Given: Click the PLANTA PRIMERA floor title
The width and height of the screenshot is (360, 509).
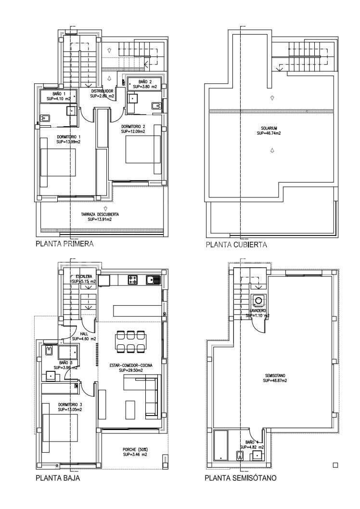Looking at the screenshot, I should pos(64,244).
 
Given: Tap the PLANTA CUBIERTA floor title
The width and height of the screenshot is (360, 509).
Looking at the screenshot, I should pos(236,245).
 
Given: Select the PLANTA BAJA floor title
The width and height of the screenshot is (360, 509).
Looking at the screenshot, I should pos(58,478).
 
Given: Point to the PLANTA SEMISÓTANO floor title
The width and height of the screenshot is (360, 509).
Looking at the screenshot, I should pos(241,478).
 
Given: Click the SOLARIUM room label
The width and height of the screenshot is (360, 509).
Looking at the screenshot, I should pos(269,128).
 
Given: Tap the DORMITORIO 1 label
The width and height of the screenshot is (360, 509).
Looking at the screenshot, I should pos(68,137).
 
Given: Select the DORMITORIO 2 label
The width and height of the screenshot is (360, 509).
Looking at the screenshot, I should pos(133,126).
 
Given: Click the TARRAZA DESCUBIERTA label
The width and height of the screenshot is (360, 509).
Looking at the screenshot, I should pos(100,214).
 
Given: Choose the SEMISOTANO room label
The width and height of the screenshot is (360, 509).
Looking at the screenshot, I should pos(275,375).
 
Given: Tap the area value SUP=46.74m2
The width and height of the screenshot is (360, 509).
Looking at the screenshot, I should pos(269,133).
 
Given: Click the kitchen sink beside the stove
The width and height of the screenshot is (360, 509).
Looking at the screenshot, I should pos(153,279).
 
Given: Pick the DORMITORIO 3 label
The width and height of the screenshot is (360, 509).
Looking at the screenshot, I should pos(70,404).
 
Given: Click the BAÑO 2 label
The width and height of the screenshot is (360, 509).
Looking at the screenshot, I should pos(145,82).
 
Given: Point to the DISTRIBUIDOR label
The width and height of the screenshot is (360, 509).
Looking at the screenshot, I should pos(102,91).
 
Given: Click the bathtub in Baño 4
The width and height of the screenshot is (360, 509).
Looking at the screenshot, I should pos(221,445).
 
